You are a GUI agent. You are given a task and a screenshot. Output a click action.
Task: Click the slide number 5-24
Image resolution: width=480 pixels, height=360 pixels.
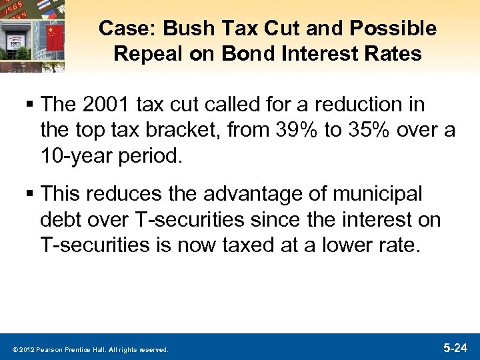455,347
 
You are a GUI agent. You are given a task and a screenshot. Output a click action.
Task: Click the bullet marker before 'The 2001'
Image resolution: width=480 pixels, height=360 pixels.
31,105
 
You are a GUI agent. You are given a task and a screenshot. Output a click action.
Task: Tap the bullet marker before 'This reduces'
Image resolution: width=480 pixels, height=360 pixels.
31,195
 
